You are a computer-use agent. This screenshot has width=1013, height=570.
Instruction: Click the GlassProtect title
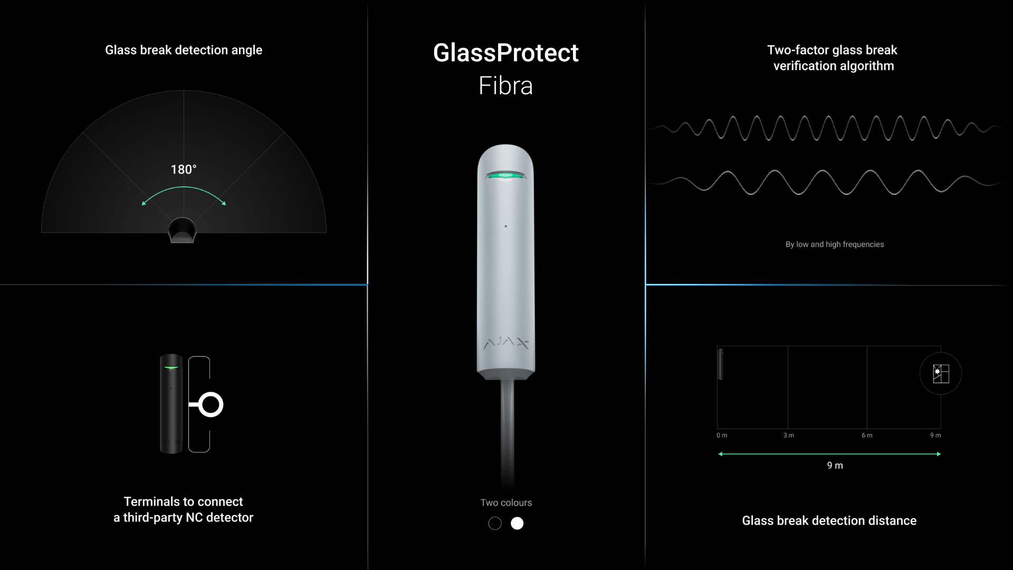point(505,53)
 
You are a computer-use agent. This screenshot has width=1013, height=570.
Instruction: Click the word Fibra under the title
point(505,85)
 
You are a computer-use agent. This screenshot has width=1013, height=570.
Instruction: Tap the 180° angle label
point(184,169)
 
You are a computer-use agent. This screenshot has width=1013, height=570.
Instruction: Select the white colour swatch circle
point(517,523)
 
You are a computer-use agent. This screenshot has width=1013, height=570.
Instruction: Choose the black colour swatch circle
point(495,523)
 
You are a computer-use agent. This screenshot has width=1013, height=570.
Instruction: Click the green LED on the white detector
point(505,175)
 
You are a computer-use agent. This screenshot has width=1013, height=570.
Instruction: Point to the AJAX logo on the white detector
point(505,344)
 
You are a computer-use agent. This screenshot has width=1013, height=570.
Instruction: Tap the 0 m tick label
point(722,435)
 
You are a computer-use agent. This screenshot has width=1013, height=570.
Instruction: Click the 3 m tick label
point(789,435)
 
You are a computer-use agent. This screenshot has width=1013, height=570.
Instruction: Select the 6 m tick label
point(867,435)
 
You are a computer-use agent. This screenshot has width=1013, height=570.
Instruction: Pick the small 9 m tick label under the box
point(935,435)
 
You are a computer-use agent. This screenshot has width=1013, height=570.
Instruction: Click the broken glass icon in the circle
point(941,374)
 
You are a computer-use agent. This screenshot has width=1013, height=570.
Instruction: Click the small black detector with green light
point(171,404)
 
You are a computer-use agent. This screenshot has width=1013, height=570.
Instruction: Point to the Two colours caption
point(506,502)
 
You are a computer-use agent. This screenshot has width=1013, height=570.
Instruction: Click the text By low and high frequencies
point(835,244)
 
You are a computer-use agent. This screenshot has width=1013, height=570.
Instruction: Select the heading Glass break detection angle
point(184,50)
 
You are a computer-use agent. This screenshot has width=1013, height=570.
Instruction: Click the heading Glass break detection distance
point(829,520)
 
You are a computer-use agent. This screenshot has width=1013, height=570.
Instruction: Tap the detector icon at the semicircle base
point(182,230)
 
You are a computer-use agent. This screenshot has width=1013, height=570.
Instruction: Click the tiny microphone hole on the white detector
point(505,226)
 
